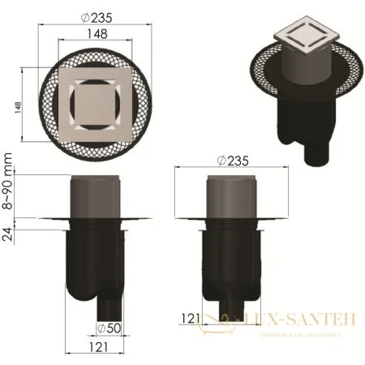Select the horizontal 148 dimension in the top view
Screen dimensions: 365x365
[x=95, y=34]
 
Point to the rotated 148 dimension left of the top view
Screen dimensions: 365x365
[x=18, y=107]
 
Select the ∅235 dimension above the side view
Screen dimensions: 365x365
[x=234, y=161]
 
